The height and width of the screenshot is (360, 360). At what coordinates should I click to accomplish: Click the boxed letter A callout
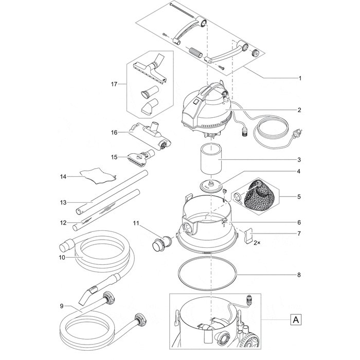(x=296, y=319)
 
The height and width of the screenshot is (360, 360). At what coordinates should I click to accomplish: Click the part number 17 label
(x=114, y=84)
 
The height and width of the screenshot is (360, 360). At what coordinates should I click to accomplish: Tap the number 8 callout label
(x=299, y=275)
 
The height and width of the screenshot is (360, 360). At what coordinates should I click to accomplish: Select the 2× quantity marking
(x=257, y=243)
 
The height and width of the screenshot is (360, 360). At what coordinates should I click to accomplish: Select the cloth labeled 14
(x=98, y=175)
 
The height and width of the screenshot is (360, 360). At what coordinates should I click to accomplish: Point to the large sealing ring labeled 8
(x=207, y=274)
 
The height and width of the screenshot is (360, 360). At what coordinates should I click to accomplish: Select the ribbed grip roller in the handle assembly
(x=195, y=53)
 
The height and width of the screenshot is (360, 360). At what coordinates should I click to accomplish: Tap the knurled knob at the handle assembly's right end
(x=255, y=53)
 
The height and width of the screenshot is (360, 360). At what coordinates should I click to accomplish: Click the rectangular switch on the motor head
(x=196, y=100)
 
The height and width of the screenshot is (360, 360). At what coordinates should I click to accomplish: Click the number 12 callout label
(x=63, y=223)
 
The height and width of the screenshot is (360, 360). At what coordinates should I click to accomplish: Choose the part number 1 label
(x=300, y=78)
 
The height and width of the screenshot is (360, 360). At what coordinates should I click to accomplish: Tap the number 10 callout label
(x=62, y=258)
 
